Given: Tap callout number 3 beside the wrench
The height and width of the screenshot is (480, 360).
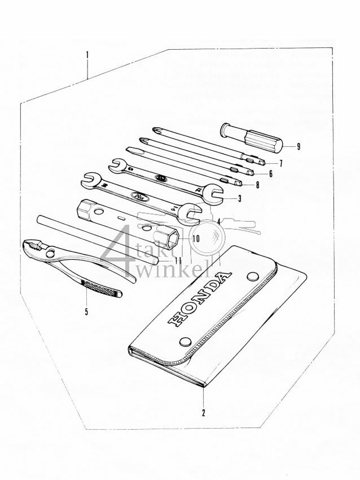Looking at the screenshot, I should click(x=239, y=198).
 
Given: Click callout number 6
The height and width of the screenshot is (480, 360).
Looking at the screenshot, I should click(x=270, y=174).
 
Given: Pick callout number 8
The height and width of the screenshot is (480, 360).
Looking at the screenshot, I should click(x=257, y=185).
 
